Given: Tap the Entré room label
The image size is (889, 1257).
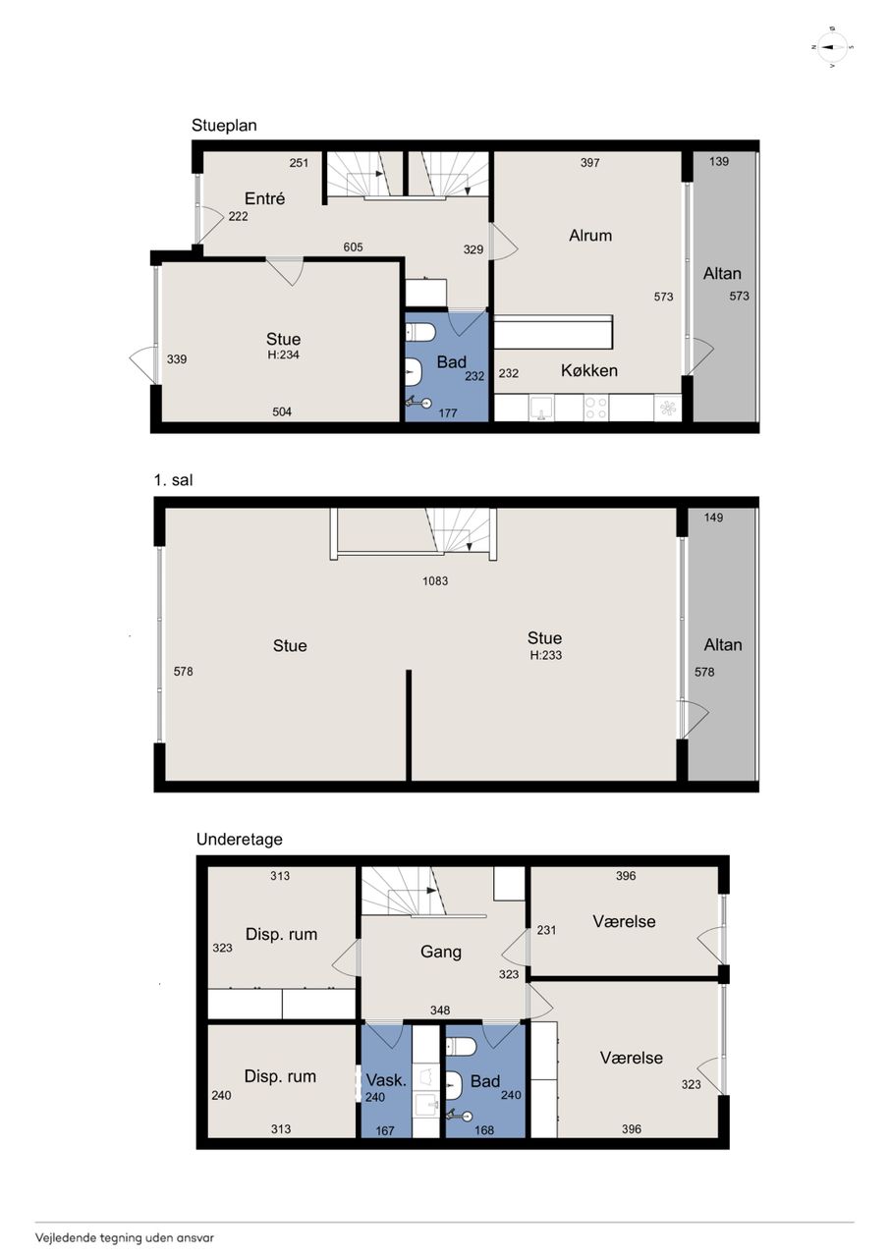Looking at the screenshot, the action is [265, 198].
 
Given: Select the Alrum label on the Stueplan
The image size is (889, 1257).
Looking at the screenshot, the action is [590, 235].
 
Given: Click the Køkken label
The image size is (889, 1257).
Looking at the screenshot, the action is [589, 370].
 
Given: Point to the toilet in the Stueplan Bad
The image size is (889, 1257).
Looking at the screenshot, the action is [420, 332].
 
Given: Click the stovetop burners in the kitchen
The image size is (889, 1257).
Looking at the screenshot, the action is [596, 408].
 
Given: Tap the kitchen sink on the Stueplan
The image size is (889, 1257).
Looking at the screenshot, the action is [539, 408].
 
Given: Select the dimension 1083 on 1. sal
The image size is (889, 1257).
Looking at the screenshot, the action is [435, 580].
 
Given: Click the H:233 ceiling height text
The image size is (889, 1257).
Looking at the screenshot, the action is [545, 655].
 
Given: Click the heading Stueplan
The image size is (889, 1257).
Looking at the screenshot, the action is [225, 125].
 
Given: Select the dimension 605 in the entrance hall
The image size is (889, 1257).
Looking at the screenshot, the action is [353, 246].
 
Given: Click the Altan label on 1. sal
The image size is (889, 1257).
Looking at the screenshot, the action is [723, 645].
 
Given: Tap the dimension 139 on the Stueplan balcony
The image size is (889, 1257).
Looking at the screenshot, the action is [719, 162].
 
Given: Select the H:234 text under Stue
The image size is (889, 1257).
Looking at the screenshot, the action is [284, 355].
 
